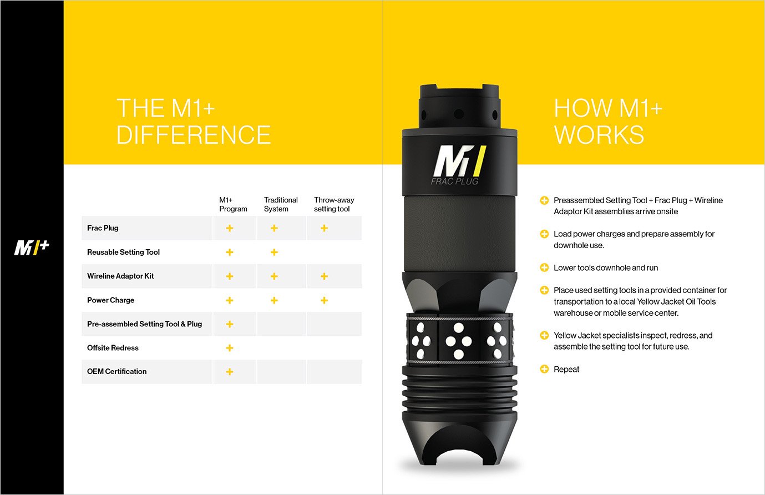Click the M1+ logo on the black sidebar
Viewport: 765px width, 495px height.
(x=32, y=247)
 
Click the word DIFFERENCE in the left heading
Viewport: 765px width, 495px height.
(x=194, y=135)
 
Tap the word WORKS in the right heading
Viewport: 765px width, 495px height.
(x=599, y=135)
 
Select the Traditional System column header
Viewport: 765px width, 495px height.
(x=281, y=204)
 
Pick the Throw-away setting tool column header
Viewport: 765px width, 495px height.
(x=334, y=204)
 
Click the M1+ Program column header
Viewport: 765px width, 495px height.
(x=233, y=204)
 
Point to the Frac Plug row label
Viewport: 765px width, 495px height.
(x=103, y=228)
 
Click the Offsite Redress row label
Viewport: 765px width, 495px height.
(x=113, y=348)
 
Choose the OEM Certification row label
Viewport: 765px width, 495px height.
(x=116, y=372)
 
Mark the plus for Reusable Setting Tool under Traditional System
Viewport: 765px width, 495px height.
(x=274, y=252)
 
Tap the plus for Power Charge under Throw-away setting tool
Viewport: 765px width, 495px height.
(x=324, y=300)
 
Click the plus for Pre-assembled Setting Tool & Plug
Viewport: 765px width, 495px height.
(x=230, y=324)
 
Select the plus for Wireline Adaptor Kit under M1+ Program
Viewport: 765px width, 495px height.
(x=230, y=276)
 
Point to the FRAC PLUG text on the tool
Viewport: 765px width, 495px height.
(x=454, y=181)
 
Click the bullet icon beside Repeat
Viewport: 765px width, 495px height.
(x=544, y=369)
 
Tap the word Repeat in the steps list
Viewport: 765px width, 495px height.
(x=566, y=370)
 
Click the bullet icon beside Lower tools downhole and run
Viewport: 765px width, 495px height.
(x=544, y=267)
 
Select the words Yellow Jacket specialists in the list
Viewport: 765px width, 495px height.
(x=593, y=336)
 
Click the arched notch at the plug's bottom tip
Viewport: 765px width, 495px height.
(x=459, y=449)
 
